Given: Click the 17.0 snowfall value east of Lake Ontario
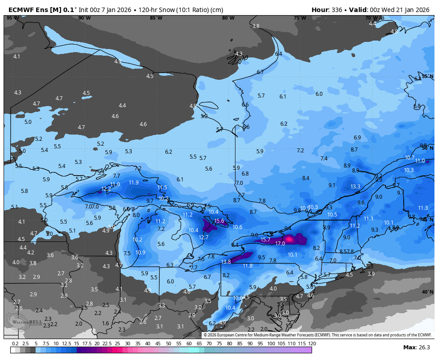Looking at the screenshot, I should point(280,244).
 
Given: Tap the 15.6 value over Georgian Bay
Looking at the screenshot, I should point(219,221).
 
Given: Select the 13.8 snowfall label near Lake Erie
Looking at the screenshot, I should point(226,262).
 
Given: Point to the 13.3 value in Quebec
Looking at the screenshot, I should point(355,187).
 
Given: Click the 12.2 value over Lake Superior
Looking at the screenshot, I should point(106,189).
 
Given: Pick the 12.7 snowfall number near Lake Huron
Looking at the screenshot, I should point(203,237).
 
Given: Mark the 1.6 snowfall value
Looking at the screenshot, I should point(105,323).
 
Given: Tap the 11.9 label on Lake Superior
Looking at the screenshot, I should point(134,183).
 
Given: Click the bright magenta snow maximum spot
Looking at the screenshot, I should point(290,239).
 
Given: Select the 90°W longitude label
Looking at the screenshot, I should point(84,18).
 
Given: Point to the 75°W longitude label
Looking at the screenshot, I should point(300,18).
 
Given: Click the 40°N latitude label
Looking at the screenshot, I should point(427,292).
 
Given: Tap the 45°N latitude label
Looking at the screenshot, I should point(427,220).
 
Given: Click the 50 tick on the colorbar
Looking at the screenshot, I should point(168,344).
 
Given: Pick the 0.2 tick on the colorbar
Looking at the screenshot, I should point(15,344).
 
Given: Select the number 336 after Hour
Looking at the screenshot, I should point(337,10).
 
